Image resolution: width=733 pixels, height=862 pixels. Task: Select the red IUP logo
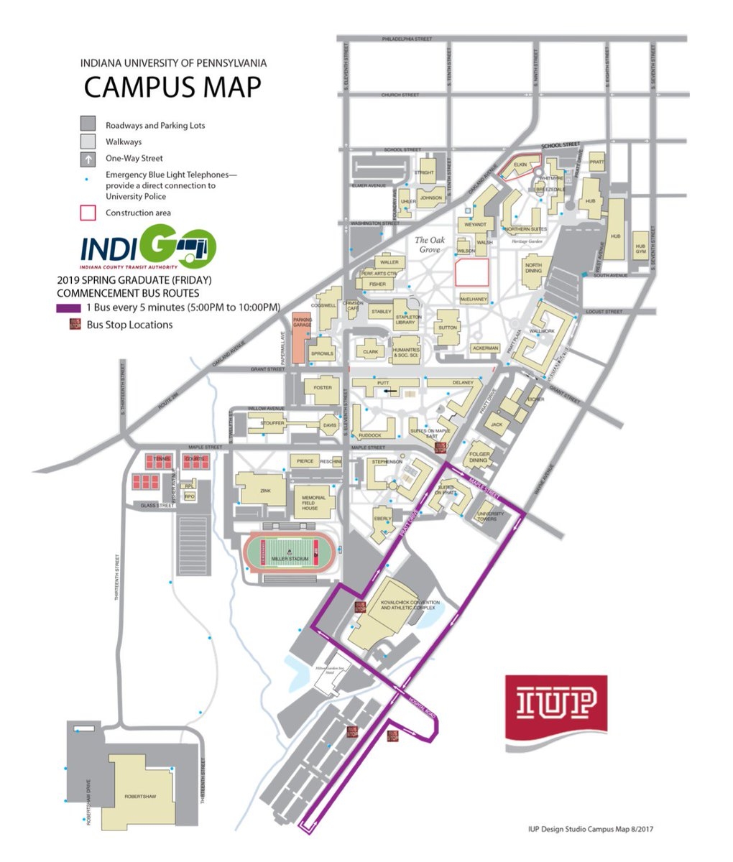click(555, 706)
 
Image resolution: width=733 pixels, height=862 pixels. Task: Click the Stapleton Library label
click(407, 320)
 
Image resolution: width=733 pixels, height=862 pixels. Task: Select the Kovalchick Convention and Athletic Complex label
click(407, 606)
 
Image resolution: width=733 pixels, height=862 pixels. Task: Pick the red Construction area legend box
click(88, 213)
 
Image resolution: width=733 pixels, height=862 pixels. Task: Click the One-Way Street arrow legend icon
click(88, 159)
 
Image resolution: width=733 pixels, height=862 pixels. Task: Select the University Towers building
click(487, 515)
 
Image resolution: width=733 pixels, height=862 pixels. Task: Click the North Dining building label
click(533, 267)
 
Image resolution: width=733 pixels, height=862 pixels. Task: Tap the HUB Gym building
click(640, 248)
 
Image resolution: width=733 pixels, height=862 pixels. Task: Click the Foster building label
click(323, 388)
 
